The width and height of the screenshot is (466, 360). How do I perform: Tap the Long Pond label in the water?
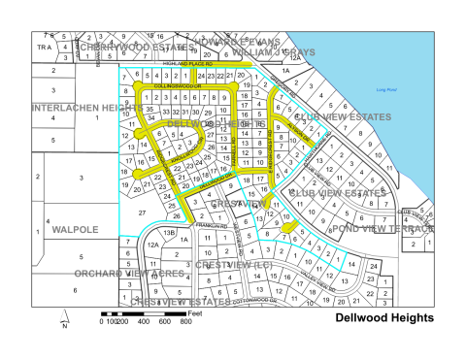point(385,90)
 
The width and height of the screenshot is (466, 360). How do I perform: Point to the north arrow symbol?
point(64,317)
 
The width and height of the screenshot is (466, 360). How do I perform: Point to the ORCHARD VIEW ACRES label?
point(115,273)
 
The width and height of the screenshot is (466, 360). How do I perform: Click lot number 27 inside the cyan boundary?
point(142,211)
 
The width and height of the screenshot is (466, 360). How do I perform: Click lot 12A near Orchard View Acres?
point(152,245)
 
